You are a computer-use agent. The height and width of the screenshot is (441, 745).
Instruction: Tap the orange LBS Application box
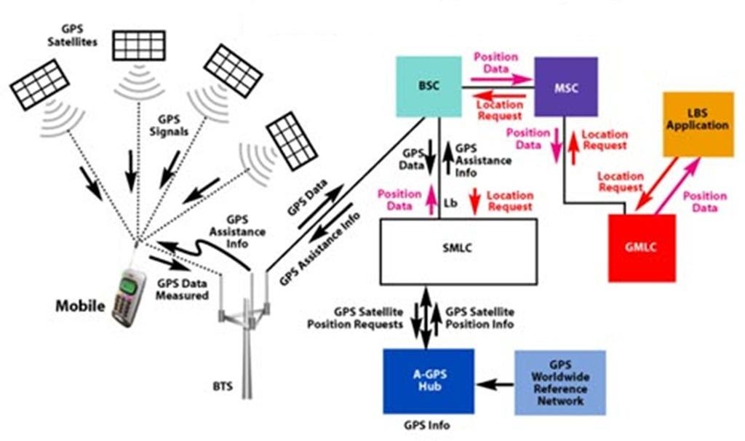click(x=697, y=124)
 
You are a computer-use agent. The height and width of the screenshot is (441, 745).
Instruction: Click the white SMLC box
click(x=458, y=249)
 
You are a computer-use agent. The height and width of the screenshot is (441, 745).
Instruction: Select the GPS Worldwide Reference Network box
click(x=559, y=382)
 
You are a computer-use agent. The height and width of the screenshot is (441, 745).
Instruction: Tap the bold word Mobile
click(x=80, y=305)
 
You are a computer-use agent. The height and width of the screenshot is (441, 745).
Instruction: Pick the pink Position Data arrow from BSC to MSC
click(x=501, y=76)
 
